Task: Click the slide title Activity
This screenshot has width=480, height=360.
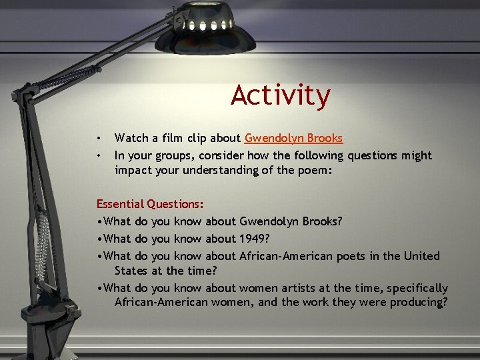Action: point(281,95)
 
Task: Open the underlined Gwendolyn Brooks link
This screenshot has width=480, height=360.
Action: point(294,139)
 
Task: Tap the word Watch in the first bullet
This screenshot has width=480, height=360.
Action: point(131,139)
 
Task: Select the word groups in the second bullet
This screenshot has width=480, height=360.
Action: point(172,156)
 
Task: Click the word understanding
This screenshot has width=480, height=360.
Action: point(227,171)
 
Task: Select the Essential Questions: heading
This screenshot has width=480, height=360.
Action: point(151,204)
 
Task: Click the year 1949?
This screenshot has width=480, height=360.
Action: point(257,239)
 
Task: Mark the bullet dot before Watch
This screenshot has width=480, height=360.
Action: point(99,139)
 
